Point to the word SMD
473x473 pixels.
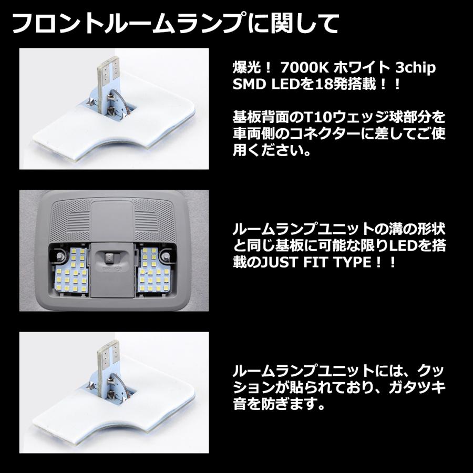pos(248,84)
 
